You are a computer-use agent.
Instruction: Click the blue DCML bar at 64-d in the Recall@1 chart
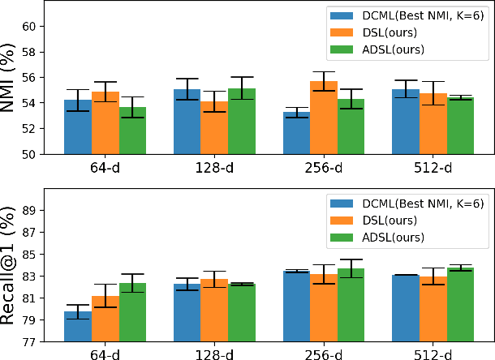coord(78,326)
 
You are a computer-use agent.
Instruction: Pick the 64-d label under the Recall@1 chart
coord(105,354)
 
